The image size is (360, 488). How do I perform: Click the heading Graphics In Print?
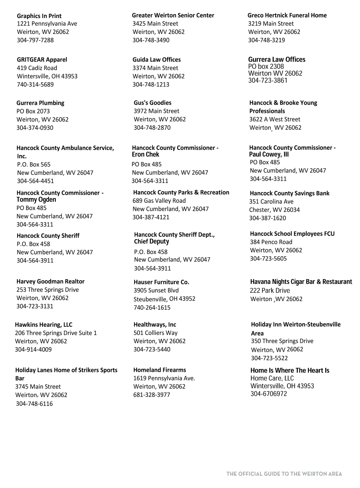tap(39, 16)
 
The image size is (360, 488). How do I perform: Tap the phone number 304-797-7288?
tap(35, 40)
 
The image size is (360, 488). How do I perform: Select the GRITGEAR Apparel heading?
tap(42, 59)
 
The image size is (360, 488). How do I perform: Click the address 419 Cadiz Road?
tap(37, 68)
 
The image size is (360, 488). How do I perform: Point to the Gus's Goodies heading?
tap(152, 103)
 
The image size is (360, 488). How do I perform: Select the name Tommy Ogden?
tap(36, 200)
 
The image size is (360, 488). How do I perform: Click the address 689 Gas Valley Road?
tap(159, 201)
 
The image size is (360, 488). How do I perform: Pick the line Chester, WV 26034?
tap(274, 210)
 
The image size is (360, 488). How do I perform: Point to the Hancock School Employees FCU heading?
tap(292, 234)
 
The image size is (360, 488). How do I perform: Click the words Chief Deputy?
tap(151, 241)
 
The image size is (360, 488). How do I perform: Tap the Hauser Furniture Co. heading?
tap(161, 282)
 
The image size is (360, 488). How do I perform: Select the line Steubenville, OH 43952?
tap(164, 299)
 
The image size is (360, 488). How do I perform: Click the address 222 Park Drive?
tap(270, 290)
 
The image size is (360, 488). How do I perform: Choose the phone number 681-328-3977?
tap(151, 395)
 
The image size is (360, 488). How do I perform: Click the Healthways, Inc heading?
tap(155, 324)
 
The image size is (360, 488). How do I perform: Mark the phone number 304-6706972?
tap(268, 394)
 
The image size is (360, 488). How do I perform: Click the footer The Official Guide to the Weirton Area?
tap(284, 474)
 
